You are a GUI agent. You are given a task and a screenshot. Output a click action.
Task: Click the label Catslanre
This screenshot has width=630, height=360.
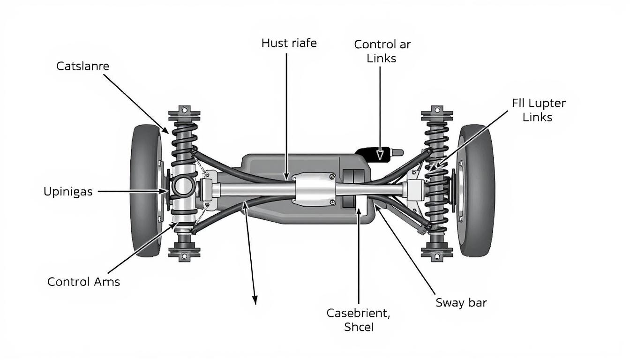point(82,67)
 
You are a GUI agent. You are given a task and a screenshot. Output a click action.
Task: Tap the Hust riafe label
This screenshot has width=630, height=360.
point(289,44)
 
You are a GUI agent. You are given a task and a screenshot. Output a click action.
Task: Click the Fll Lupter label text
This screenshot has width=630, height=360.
point(538,103)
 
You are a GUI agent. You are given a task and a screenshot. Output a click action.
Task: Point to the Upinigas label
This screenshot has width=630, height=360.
point(68,192)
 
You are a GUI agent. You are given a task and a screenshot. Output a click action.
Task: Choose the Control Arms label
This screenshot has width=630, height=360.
point(83,282)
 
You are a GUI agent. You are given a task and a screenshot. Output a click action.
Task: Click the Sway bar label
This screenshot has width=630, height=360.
point(461,303)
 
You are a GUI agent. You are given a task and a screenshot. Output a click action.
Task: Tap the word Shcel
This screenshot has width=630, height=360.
point(359,327)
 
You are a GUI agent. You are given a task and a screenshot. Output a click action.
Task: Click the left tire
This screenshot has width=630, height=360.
point(145,190)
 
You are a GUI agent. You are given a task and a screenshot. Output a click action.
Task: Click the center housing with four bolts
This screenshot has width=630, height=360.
point(315,189)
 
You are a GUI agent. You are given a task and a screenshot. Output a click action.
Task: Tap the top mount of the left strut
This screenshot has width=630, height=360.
point(184,113)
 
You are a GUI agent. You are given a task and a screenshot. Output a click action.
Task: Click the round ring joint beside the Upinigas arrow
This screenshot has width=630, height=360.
point(184,187)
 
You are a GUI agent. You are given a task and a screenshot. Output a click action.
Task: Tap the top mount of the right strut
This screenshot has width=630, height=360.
point(437,113)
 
